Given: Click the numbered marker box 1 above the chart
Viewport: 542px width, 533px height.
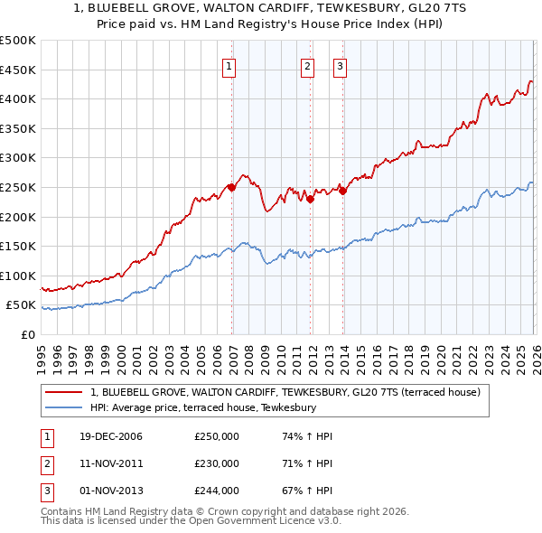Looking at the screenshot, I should coord(229,66).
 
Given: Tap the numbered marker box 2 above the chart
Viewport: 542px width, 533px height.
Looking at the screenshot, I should coord(307,66).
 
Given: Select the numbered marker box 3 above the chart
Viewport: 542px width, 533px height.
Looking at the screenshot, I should coord(340,66).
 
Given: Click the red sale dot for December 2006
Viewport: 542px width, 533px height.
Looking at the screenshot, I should coord(231,187).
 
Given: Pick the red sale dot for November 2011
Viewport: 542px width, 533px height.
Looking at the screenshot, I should coord(310,199).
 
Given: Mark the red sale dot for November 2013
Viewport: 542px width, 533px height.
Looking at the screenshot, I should coord(342,191).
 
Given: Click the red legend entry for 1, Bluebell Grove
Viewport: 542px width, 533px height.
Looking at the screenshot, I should coord(289,393).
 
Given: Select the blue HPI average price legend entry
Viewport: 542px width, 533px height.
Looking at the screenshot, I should coord(202,407).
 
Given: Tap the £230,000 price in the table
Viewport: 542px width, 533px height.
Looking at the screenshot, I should coord(217,463).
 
